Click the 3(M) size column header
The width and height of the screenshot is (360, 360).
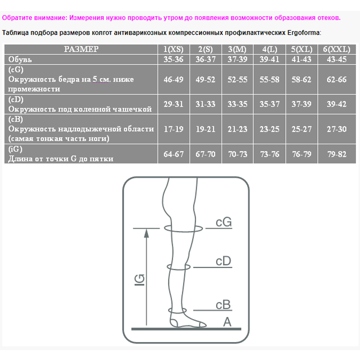pos(237,49)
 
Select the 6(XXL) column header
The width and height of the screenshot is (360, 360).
pos(337,49)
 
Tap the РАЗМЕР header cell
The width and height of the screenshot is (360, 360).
pos(81,49)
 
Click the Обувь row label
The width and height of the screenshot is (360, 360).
pos(20,59)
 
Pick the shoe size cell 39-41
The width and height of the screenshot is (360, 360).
pos(269,59)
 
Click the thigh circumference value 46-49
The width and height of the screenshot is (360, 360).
pos(173,80)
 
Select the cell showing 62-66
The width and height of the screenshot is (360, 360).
pos(337,80)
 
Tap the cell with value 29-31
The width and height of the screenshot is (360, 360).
pos(173,104)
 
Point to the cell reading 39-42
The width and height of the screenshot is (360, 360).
pos(337,104)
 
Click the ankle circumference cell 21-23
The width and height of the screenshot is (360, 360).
pos(237,129)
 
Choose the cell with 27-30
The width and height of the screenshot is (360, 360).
pos(337,129)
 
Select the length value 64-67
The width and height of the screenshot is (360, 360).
pos(173,154)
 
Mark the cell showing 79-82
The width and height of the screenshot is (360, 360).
pos(337,154)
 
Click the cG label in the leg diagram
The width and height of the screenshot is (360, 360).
pos(224,222)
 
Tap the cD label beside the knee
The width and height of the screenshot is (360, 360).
pos(223,261)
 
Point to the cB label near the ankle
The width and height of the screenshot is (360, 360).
pos(223,305)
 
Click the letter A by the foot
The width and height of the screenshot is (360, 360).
pos(227,322)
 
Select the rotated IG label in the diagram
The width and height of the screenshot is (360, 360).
pos(139,280)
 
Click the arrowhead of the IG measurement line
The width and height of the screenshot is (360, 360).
pos(146,234)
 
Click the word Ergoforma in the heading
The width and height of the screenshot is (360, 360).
pos(303,32)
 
